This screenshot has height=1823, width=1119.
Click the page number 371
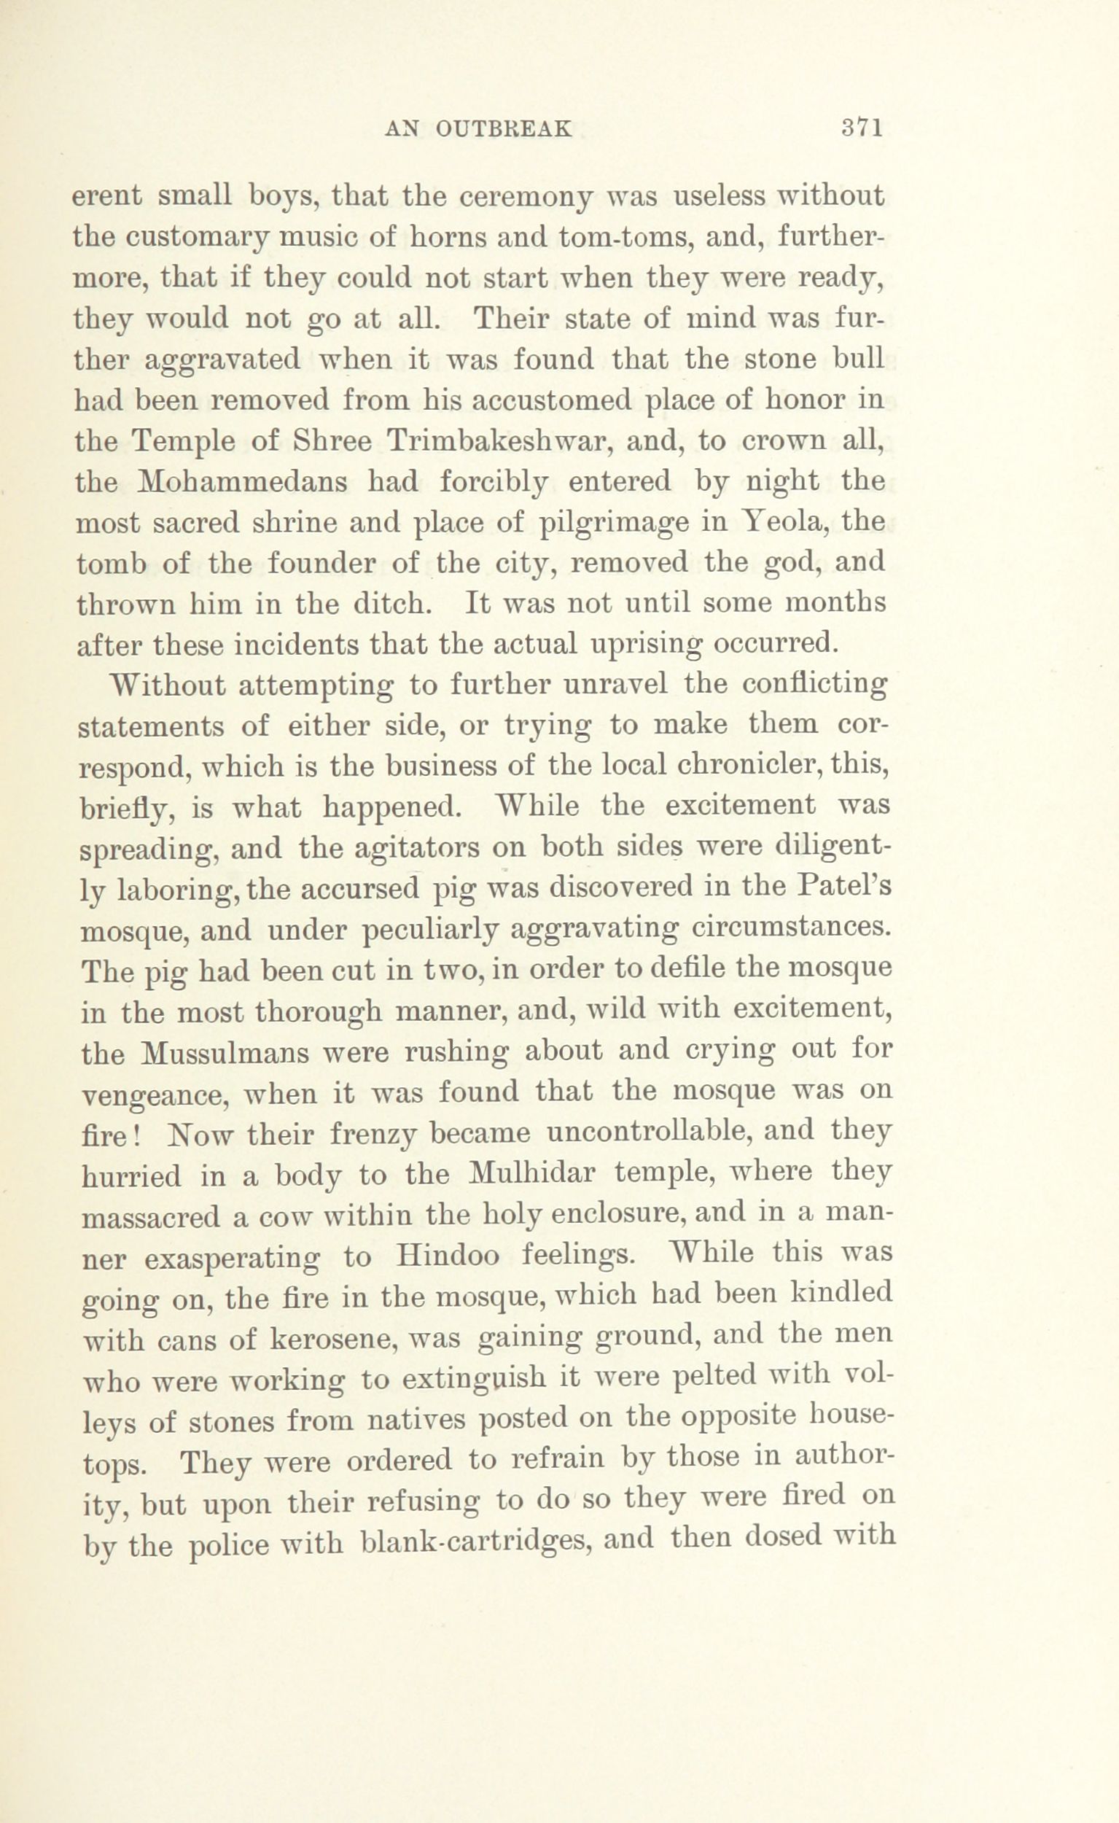863,129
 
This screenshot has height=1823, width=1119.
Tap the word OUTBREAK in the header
503,130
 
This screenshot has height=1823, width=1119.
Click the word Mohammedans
243,482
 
